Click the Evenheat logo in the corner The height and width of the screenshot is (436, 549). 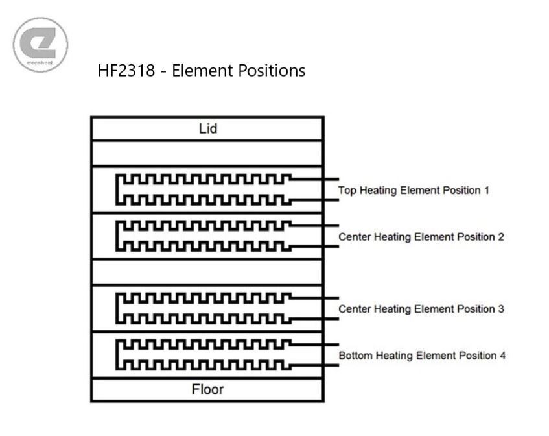[40, 45]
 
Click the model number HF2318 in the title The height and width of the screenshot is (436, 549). [126, 71]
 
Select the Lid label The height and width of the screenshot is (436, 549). [208, 128]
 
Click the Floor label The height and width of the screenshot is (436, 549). [207, 389]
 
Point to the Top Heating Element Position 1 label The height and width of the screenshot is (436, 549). [414, 190]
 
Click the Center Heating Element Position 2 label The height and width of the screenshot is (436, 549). [421, 237]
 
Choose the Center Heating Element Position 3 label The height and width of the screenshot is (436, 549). [421, 309]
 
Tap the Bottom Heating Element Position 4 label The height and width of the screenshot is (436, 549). [422, 356]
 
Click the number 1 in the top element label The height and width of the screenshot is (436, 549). [486, 190]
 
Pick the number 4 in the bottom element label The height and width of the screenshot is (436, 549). [502, 356]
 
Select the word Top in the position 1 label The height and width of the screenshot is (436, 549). [347, 191]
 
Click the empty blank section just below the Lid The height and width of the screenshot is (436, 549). [207, 153]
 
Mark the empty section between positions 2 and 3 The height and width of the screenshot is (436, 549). [207, 272]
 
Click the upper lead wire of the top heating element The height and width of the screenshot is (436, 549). [314, 179]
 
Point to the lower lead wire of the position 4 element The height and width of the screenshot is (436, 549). [314, 365]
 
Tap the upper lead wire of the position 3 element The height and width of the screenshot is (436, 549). [314, 298]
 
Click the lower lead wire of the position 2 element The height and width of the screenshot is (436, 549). [314, 247]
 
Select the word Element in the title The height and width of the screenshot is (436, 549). [204, 71]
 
